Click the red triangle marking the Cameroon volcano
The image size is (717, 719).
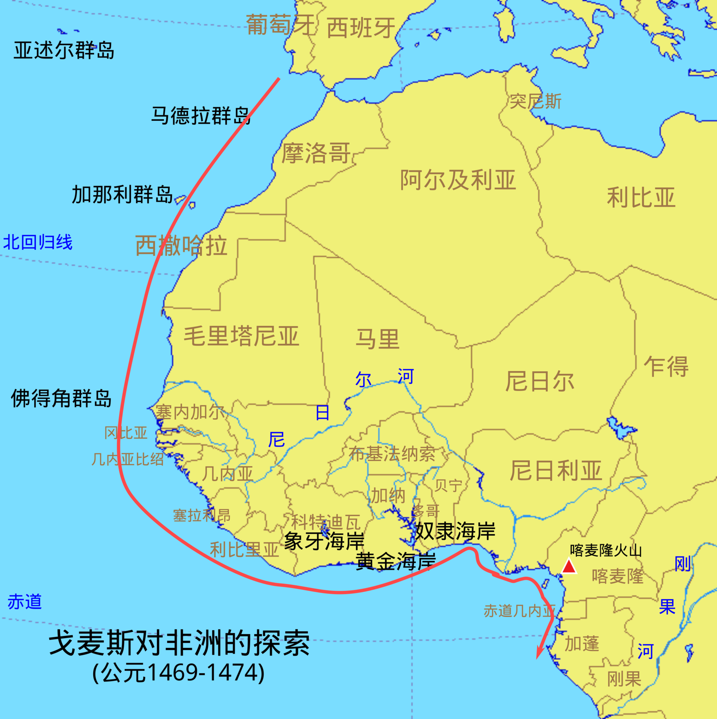tap(568, 566)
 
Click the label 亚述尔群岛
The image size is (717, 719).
tap(64, 51)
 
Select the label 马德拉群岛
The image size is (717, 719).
tap(201, 116)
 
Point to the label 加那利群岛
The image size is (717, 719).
tap(122, 195)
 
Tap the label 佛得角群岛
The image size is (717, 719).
tap(61, 398)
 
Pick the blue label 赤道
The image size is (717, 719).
tap(25, 601)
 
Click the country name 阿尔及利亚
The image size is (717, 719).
tap(458, 180)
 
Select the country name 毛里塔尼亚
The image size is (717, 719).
tap(241, 336)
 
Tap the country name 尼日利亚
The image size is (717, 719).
tap(555, 470)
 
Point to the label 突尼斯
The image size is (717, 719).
tap(535, 102)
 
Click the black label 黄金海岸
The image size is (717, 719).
tap(396, 561)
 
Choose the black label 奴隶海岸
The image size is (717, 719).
tap(455, 531)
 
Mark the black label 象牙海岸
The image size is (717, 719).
tap(324, 541)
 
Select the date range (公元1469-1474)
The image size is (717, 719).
tap(178, 673)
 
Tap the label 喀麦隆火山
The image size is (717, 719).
tap(605, 551)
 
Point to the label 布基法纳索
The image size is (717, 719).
tap(392, 454)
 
